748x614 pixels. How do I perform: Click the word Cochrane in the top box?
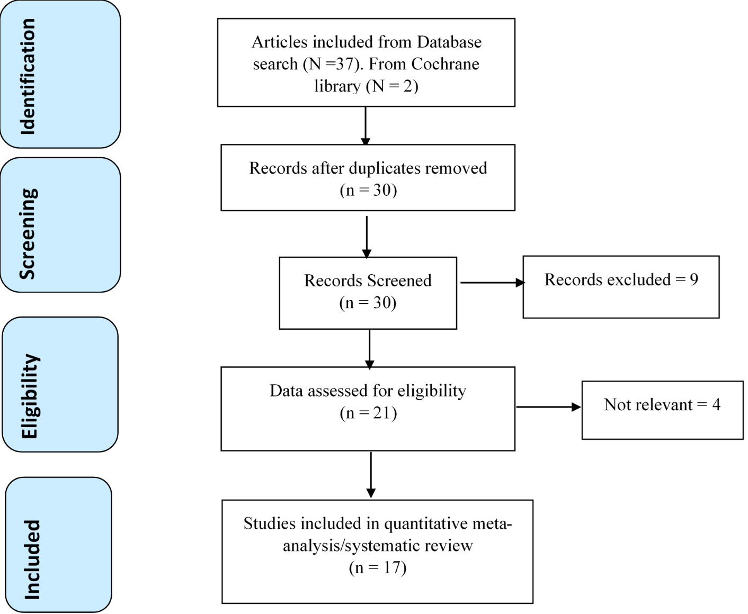tap(445, 64)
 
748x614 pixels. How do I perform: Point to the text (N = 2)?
tap(392, 86)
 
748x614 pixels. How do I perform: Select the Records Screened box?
tap(368, 293)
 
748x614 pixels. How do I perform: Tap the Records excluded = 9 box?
tap(621, 287)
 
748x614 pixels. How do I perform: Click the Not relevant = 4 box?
tap(662, 410)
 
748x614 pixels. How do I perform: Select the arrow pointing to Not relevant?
tap(548, 407)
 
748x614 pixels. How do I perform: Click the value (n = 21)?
tap(368, 413)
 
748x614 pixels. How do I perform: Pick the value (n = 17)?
tap(377, 568)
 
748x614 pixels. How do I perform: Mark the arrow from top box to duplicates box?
tap(366, 126)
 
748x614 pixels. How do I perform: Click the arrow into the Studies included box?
tap(371, 475)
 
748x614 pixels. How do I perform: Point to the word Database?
tap(449, 42)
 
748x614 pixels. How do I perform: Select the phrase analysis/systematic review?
tap(377, 546)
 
